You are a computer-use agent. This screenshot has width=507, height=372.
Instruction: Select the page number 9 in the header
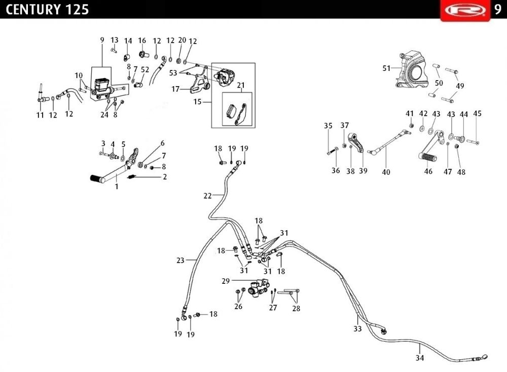[497, 10]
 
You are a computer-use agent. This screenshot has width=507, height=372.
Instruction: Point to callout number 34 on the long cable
[420, 358]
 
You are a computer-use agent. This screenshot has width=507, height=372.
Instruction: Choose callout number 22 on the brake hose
[208, 195]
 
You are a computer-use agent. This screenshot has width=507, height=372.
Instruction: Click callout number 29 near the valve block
[226, 280]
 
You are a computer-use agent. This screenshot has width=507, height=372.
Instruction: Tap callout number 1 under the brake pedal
[116, 187]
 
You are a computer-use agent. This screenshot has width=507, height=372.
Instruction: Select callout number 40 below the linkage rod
[386, 172]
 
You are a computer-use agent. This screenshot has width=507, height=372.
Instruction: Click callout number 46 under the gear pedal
[428, 172]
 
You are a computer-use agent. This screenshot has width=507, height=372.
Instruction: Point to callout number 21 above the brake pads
[240, 85]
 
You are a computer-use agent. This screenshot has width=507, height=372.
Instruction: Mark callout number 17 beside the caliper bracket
[176, 89]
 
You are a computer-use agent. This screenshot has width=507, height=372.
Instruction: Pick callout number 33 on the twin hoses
[358, 328]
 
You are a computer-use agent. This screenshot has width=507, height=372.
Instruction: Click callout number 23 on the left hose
[180, 261]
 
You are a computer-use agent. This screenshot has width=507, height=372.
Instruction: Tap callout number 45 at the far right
[477, 114]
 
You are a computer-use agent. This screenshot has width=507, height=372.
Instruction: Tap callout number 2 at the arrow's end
[164, 177]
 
